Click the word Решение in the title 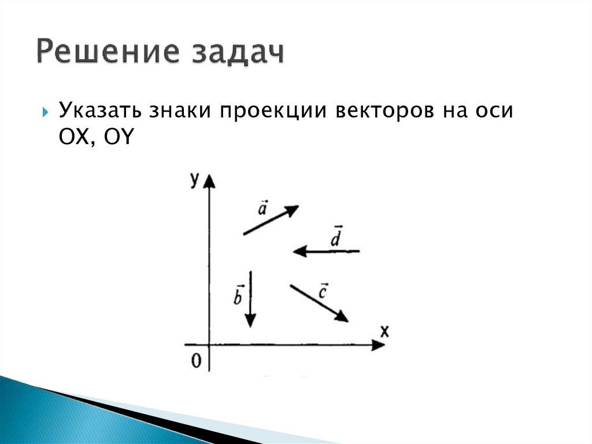104,53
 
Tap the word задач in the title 235,54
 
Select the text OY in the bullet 117,137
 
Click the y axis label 194,181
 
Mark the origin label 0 197,362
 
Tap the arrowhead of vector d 299,251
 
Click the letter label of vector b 238,296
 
